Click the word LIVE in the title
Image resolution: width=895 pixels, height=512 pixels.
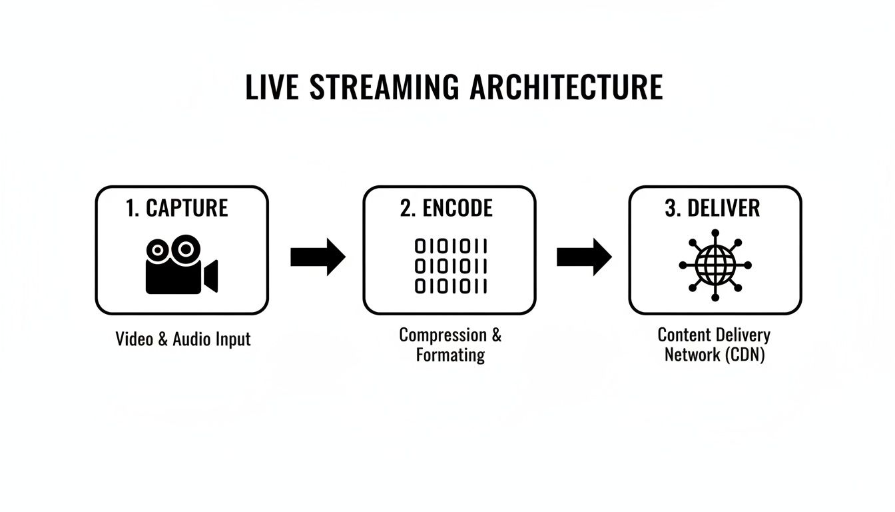272,88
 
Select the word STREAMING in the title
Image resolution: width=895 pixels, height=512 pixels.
384,88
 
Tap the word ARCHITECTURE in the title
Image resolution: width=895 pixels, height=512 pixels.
567,88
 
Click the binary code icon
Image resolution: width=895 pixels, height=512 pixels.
451,267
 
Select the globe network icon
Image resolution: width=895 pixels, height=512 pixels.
715,265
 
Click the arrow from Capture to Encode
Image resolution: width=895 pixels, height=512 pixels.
318,257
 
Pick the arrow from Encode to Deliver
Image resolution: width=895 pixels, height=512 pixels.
583,257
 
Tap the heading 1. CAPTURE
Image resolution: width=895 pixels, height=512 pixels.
176,208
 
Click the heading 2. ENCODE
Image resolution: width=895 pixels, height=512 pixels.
446,208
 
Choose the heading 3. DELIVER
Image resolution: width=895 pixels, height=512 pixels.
712,208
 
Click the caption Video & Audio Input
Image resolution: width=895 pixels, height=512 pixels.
183,339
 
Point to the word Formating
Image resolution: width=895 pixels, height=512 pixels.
450,355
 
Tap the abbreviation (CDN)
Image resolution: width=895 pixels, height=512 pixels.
745,355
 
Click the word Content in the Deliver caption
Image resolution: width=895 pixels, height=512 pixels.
684,335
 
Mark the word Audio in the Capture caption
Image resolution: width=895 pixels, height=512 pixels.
192,339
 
